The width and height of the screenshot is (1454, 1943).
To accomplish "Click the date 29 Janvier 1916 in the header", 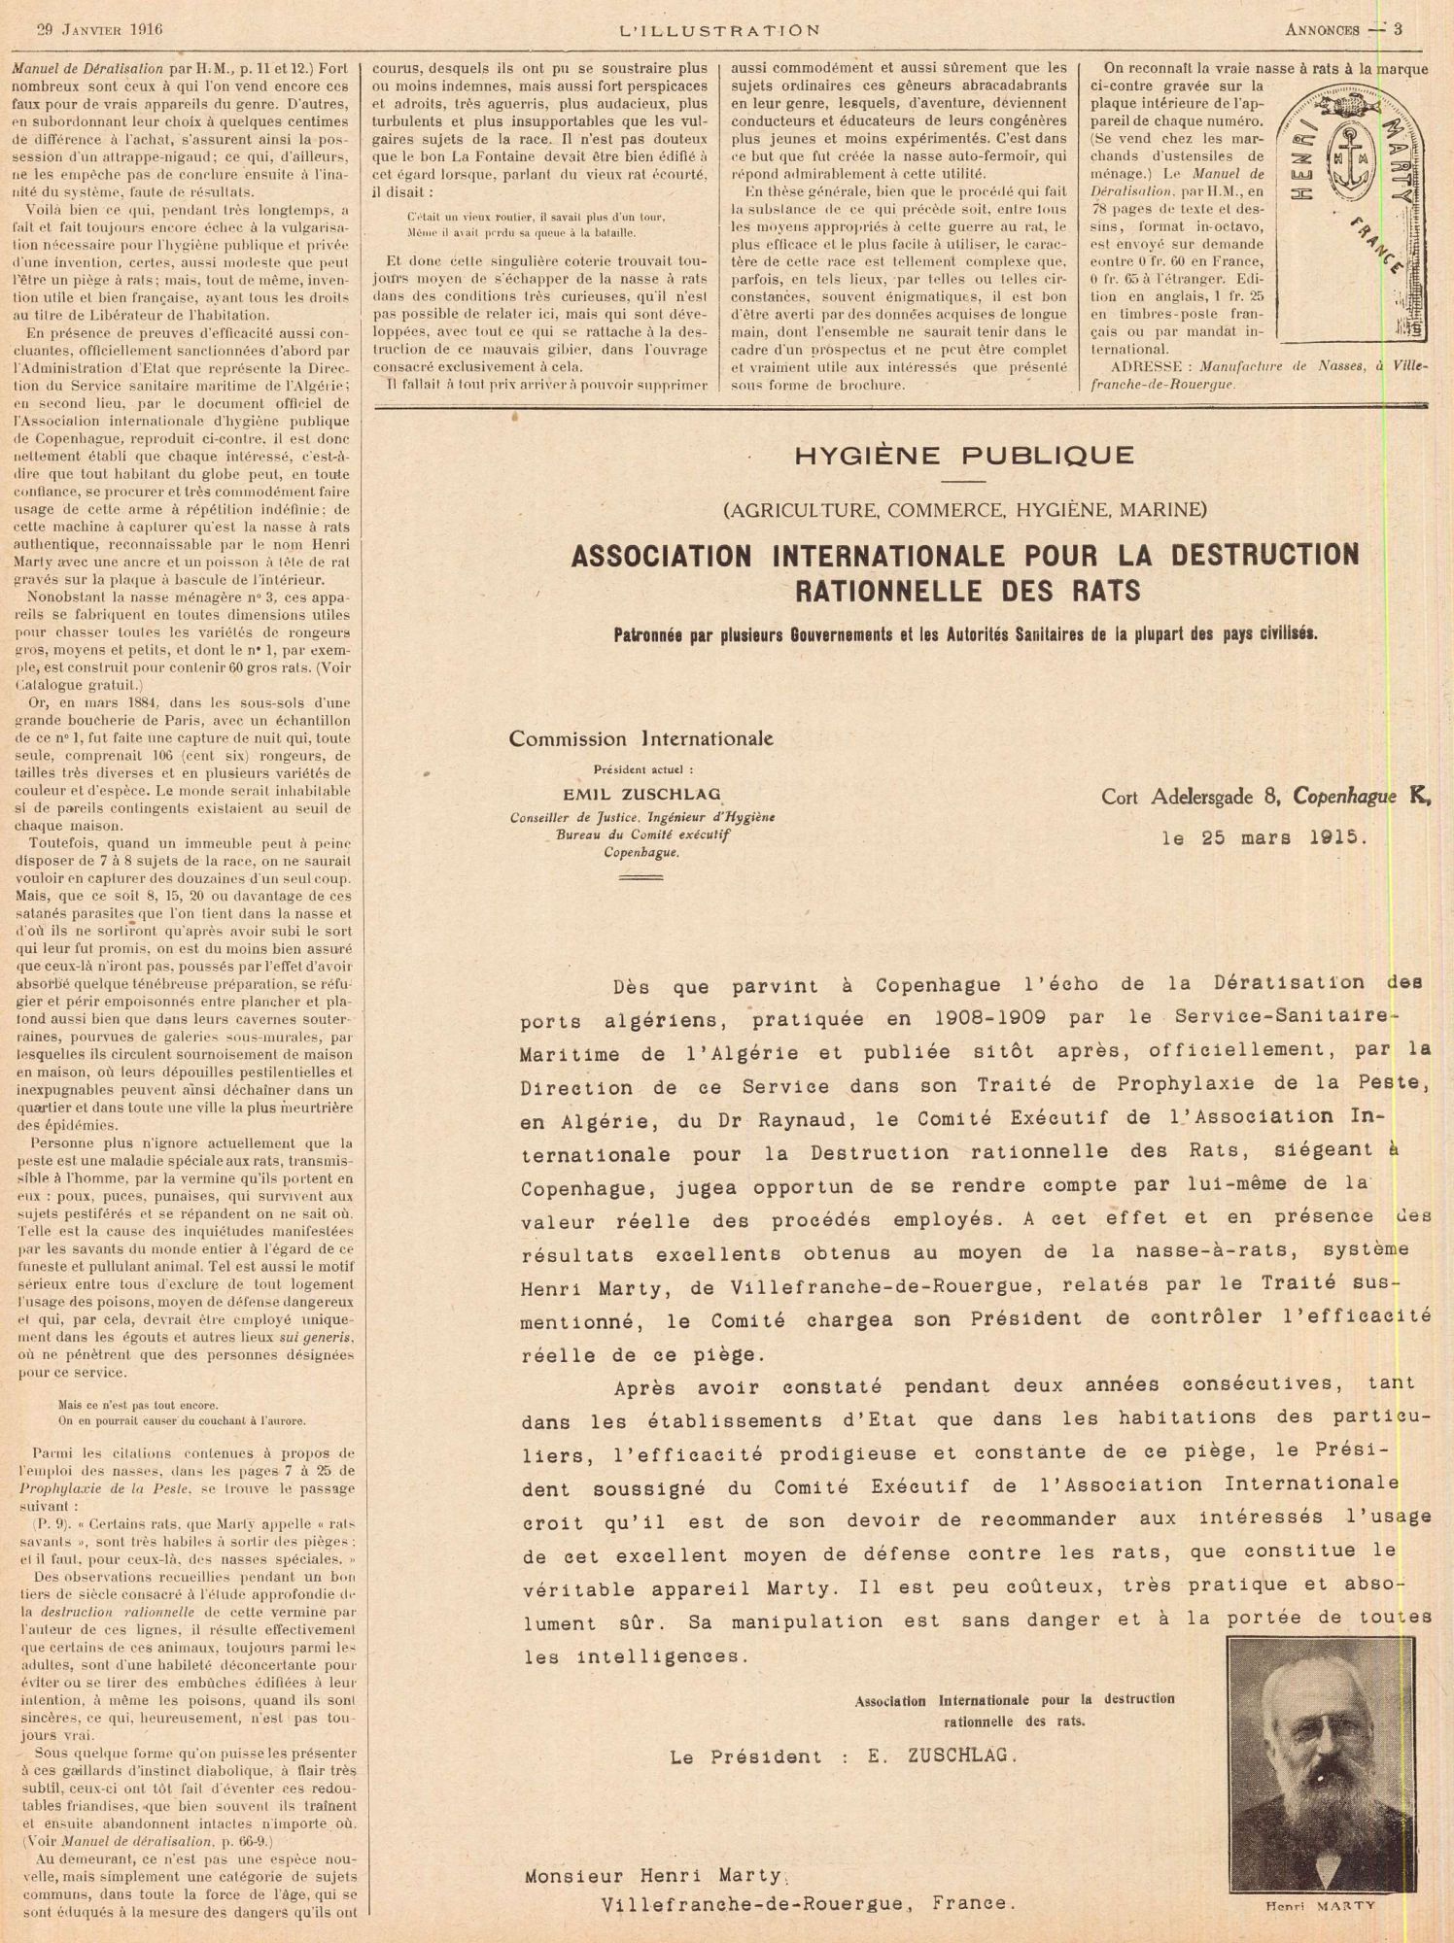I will click(x=100, y=28).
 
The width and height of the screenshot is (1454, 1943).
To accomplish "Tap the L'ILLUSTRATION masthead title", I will click(x=719, y=29).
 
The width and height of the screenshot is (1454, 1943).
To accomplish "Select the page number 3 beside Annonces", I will click(x=1399, y=29).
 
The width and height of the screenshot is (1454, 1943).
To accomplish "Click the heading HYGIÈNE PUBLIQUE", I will click(x=964, y=455).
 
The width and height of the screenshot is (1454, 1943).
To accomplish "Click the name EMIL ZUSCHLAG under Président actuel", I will click(x=641, y=794).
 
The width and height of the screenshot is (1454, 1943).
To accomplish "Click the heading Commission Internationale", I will click(x=641, y=738).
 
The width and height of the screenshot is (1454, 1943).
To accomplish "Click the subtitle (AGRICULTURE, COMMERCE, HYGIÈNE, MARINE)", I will click(x=964, y=509).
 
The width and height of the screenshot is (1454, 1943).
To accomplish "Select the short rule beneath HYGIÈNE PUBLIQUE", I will click(x=964, y=481).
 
